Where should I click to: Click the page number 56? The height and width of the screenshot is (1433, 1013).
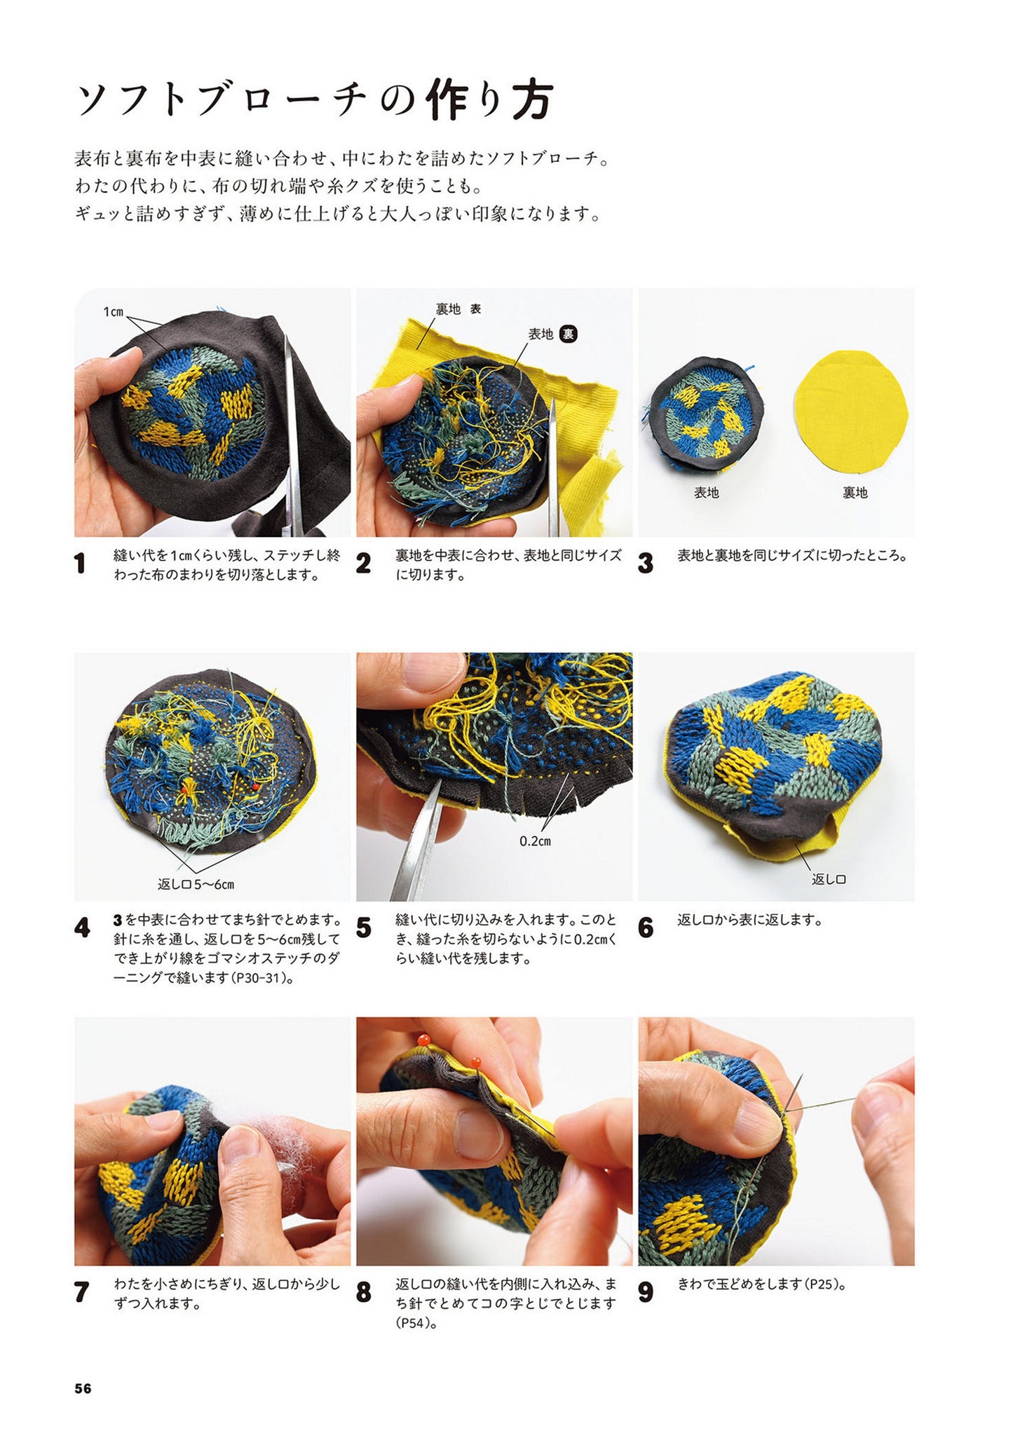[x=83, y=1388]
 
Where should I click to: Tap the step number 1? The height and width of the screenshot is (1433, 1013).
[x=80, y=563]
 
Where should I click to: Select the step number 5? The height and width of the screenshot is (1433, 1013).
[x=363, y=928]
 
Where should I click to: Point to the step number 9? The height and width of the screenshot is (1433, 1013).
[x=646, y=1292]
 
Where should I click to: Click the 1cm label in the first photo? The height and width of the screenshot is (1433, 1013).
[x=113, y=312]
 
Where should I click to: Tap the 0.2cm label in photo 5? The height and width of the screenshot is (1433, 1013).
[x=535, y=841]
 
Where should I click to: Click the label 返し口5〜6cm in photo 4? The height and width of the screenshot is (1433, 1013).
[x=196, y=884]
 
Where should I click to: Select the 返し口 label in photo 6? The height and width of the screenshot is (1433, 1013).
[x=829, y=879]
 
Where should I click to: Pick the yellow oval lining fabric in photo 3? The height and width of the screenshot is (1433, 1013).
[x=850, y=411]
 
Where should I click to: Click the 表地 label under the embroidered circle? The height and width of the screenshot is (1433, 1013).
[x=706, y=493]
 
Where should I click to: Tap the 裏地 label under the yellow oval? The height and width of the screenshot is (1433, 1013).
[x=855, y=493]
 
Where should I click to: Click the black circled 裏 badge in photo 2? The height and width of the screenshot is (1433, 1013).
[x=568, y=334]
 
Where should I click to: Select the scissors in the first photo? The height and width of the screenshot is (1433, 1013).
[x=290, y=435]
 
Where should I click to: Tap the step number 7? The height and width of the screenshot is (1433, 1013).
[x=81, y=1292]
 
